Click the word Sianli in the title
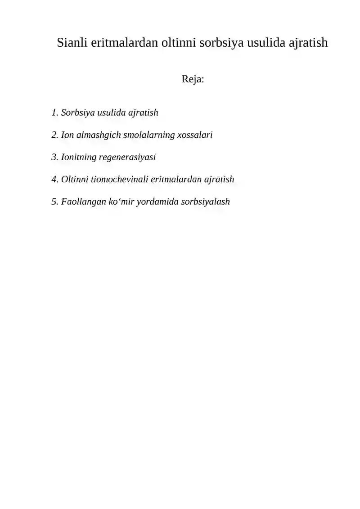[72, 43]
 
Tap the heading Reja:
[193, 80]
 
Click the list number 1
[54, 113]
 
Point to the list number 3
[54, 157]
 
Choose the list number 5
[54, 202]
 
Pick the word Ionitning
[78, 157]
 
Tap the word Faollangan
[83, 202]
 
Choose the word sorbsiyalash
[205, 202]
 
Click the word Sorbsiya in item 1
[78, 113]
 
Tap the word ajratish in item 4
[219, 180]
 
